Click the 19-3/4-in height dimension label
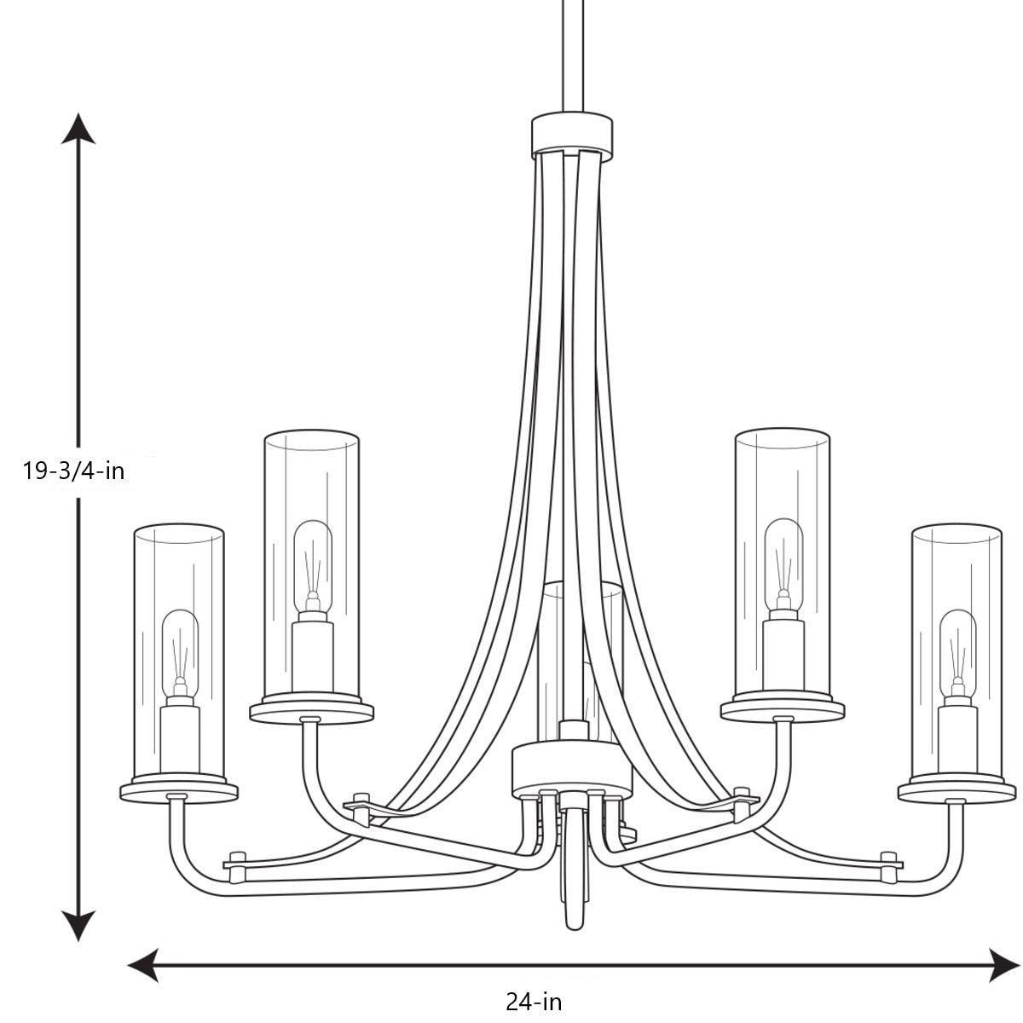74,470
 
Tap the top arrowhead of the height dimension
79,127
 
